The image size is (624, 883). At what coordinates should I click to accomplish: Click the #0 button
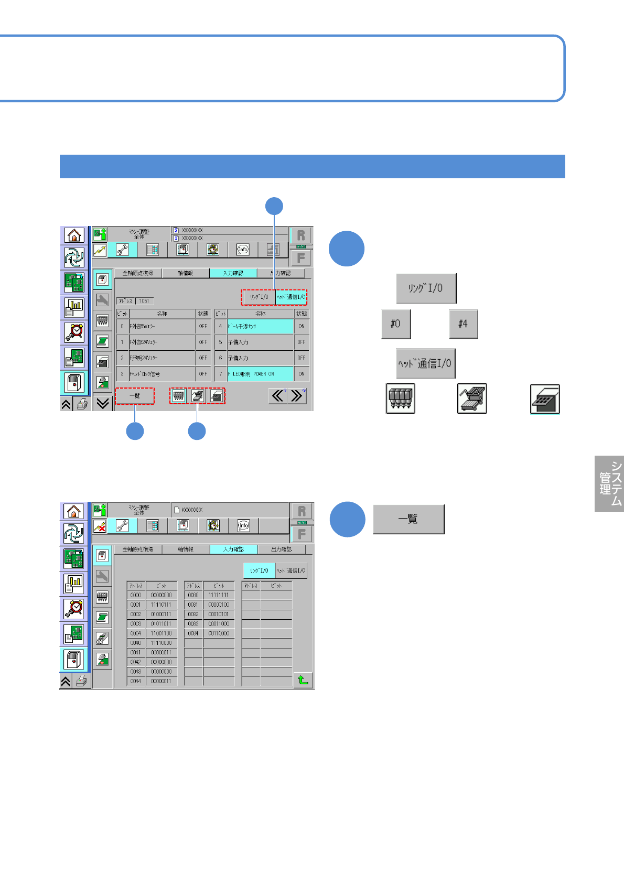[396, 324]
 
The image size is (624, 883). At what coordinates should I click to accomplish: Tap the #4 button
[463, 324]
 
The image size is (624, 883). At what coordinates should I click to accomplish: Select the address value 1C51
[144, 301]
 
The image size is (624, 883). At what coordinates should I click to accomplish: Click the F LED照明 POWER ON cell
[261, 374]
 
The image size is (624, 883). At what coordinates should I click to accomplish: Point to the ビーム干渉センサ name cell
[261, 326]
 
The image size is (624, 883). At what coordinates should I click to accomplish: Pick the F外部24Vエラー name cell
[162, 342]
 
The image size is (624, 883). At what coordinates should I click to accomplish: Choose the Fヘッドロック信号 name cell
[162, 374]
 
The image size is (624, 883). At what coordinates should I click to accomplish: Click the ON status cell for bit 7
[302, 374]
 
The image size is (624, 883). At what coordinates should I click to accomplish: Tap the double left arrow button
[278, 395]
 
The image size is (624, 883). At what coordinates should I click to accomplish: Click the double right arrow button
[297, 395]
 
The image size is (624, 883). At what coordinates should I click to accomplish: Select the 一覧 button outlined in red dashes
[135, 396]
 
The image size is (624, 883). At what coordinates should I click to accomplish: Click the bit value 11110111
[161, 605]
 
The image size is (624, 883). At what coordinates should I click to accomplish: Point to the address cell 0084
[193, 633]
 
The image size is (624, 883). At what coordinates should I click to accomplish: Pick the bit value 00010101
[219, 614]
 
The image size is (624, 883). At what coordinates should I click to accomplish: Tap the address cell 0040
[136, 643]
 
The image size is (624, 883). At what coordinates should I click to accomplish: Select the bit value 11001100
[161, 633]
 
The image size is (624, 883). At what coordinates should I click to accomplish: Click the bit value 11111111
[219, 595]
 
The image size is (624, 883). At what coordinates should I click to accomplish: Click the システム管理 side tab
[609, 483]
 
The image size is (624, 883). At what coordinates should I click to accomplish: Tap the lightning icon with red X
[100, 525]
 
